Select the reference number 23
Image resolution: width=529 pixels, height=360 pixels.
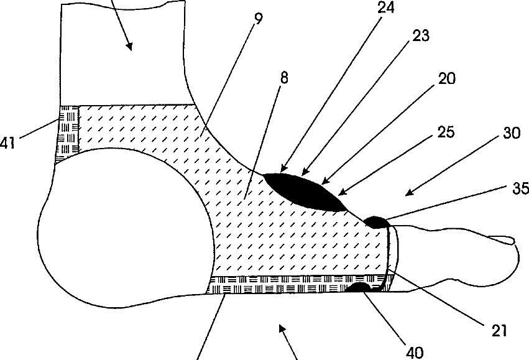(x=421, y=36)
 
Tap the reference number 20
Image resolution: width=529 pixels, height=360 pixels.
(x=446, y=78)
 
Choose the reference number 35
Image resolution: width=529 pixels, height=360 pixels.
(x=520, y=187)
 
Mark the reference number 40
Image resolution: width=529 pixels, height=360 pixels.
(x=415, y=352)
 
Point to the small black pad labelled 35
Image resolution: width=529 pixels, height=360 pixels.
(x=375, y=221)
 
